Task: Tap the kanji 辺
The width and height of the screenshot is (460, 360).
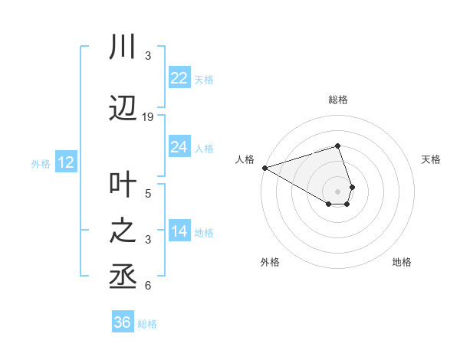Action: click(x=123, y=109)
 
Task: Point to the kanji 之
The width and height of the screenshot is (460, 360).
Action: click(x=123, y=231)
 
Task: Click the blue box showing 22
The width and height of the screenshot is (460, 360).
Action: click(x=179, y=78)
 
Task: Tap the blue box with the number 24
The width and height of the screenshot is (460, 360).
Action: click(x=179, y=147)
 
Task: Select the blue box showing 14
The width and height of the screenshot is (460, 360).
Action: click(x=179, y=231)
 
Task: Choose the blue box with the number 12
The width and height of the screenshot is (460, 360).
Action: click(x=65, y=162)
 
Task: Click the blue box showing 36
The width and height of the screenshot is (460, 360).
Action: click(x=122, y=322)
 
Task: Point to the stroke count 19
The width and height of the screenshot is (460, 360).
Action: click(x=148, y=117)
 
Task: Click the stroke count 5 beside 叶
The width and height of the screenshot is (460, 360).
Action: click(x=148, y=194)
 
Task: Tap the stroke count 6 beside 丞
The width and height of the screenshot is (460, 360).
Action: click(x=148, y=286)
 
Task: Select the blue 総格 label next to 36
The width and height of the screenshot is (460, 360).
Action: click(x=148, y=324)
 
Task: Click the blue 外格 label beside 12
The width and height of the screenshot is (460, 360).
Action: click(x=41, y=163)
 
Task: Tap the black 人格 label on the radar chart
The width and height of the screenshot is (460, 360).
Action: click(x=245, y=159)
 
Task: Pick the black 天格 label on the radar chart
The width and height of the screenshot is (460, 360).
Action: click(x=432, y=159)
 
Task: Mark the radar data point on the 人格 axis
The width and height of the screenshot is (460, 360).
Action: click(x=264, y=168)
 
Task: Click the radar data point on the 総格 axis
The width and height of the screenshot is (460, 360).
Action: click(x=337, y=146)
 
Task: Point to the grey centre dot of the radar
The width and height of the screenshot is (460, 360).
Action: click(x=337, y=191)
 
